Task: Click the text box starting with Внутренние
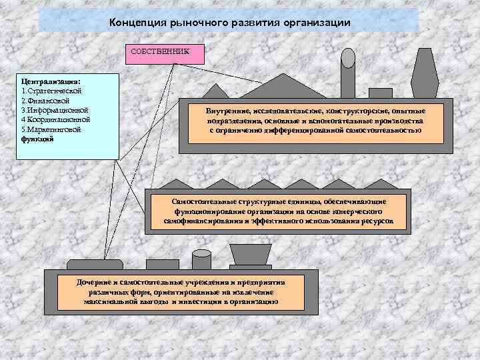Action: coord(315,121)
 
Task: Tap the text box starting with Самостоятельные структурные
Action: coord(278,209)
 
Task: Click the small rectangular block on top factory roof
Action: coord(380,93)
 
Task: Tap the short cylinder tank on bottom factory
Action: coord(201,259)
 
